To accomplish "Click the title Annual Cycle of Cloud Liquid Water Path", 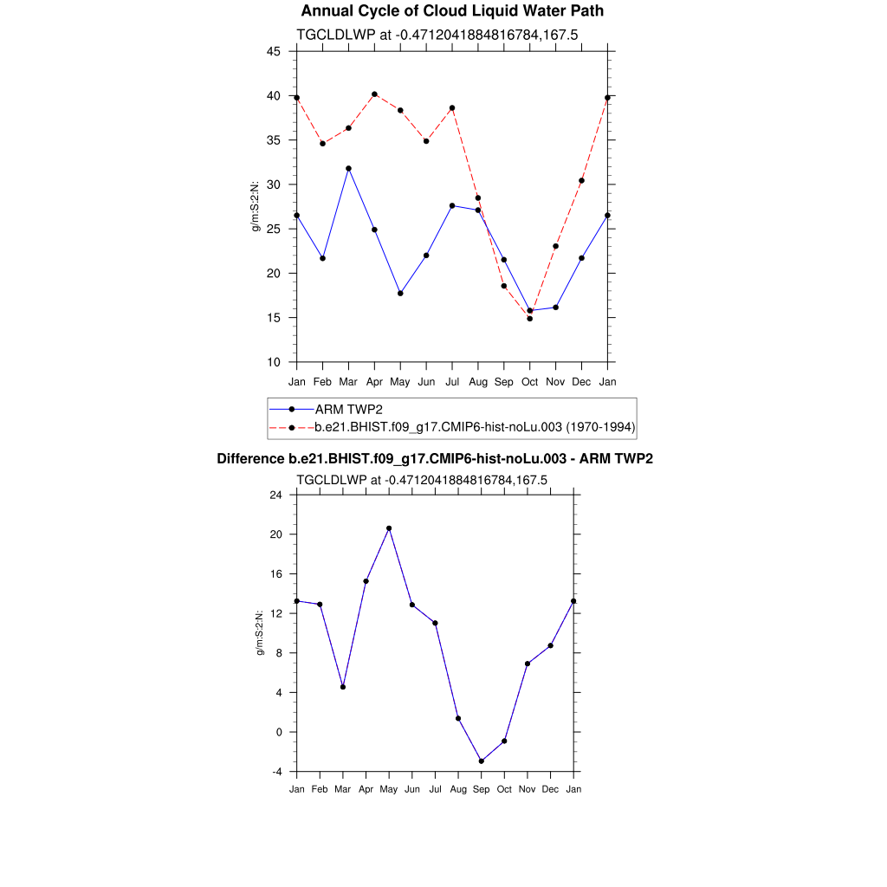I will tap(452, 11).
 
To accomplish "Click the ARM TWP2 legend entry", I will tap(348, 409).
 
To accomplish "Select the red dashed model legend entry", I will tap(475, 427).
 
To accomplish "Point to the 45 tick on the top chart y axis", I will tap(274, 51).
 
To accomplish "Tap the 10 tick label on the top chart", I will tap(274, 362).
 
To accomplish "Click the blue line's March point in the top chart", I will tap(348, 168).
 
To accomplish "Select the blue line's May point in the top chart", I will tap(400, 293).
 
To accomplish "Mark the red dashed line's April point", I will tap(374, 94).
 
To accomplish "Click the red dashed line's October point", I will tap(530, 318).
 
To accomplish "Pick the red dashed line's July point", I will tap(452, 108).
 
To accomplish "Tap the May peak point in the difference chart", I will tap(389, 528).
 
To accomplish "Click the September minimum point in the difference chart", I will tap(481, 761).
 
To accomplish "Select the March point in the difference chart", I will tap(343, 687).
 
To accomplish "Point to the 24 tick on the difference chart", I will tap(275, 495).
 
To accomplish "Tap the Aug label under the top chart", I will tap(478, 382).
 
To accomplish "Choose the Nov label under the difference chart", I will tap(527, 790).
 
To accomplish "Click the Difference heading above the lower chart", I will tap(435, 459).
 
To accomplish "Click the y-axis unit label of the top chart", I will tap(256, 206).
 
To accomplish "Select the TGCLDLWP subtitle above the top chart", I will tap(437, 35).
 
